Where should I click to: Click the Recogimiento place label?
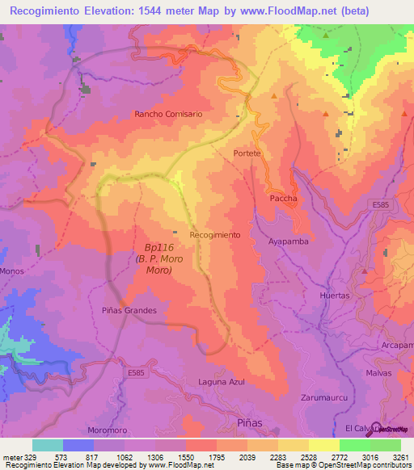[x=214, y=234]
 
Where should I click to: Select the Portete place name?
[x=247, y=153]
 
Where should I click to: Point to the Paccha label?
[x=283, y=198]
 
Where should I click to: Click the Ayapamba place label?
[x=289, y=241]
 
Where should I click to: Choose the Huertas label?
[x=335, y=296]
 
